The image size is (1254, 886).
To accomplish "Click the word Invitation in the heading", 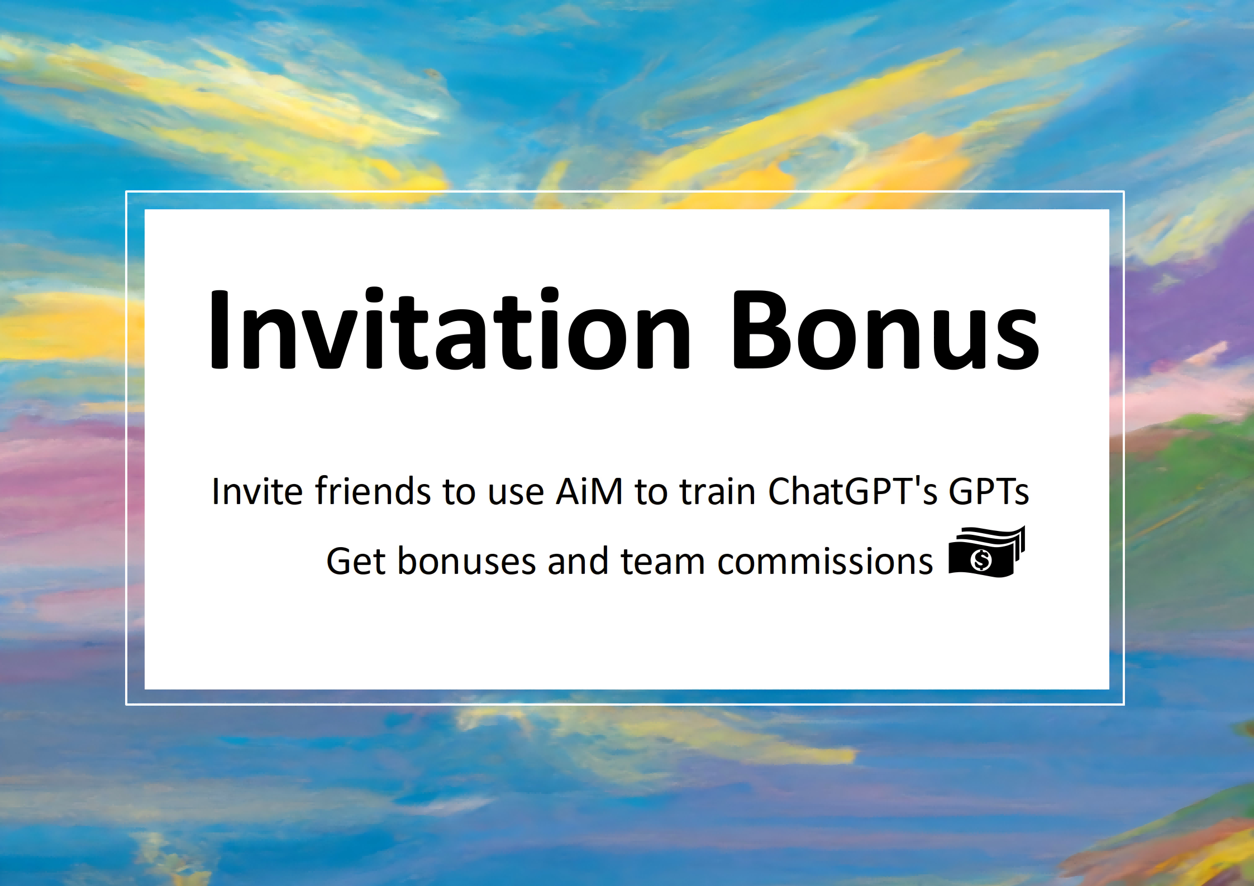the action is [450, 328].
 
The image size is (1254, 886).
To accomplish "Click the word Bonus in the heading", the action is [885, 330].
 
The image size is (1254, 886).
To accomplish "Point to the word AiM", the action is [589, 491].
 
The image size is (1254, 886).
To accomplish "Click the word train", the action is [717, 491].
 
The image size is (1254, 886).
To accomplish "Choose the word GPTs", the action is [989, 491].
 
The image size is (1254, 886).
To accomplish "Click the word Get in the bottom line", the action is [356, 561].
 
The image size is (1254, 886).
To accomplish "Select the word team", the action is [663, 561].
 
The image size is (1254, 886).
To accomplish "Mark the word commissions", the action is [825, 561].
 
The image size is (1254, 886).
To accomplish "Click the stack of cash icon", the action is [987, 552].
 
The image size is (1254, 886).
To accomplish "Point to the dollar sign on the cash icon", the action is [981, 559].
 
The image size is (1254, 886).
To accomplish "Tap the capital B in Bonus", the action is [762, 330].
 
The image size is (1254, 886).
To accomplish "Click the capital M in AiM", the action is [606, 491].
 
